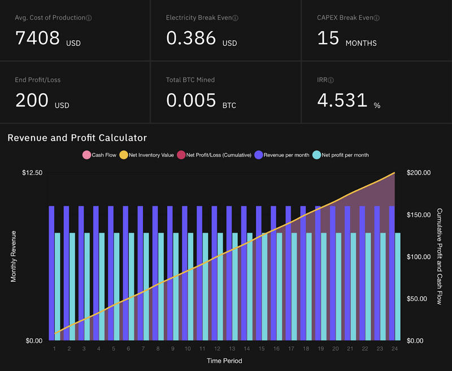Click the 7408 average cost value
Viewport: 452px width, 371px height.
tap(37, 38)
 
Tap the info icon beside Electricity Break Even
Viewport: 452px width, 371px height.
tap(236, 18)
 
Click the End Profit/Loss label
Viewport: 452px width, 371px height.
tap(37, 80)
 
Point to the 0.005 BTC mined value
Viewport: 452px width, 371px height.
tap(191, 100)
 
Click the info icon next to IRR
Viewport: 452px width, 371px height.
tap(331, 80)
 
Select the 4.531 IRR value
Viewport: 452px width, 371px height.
tap(341, 100)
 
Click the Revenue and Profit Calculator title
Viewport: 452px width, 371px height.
tap(77, 138)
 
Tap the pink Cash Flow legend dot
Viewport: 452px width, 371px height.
tap(86, 155)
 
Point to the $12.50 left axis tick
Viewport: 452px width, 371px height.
tap(32, 172)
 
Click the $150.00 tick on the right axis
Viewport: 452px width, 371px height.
tap(419, 215)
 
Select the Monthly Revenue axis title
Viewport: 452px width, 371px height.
tap(14, 256)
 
